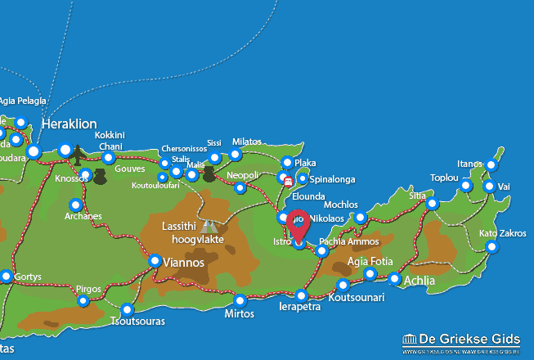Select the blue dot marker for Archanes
76,205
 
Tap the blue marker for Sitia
433,204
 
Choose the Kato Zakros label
502,233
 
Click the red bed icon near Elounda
286,179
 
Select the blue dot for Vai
489,187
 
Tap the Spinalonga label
330,178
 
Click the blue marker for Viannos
155,261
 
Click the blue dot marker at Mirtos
240,299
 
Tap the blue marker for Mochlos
361,218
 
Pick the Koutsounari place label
356,299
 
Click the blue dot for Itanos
491,164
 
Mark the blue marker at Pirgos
83,301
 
